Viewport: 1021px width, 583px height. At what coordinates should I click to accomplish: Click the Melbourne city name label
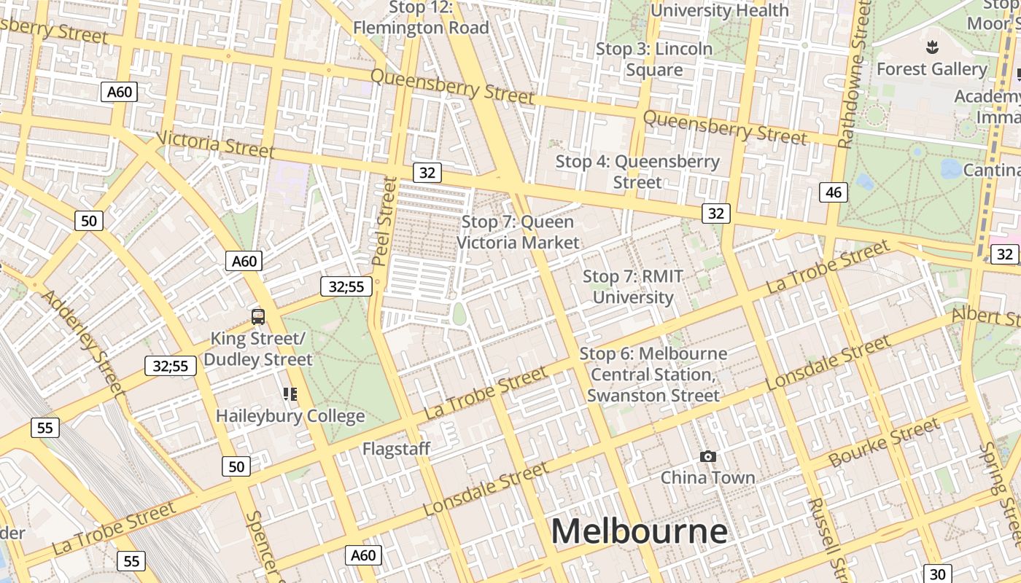tap(639, 531)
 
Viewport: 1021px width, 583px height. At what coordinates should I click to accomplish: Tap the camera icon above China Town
tap(707, 457)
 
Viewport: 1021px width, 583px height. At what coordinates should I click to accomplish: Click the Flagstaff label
tap(396, 448)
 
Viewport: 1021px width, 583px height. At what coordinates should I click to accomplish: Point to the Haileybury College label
tap(290, 416)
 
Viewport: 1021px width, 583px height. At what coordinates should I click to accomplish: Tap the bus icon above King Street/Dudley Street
tap(258, 317)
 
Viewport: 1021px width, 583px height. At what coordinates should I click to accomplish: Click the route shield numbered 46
tap(834, 192)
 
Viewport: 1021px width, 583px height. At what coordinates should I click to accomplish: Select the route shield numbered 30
tap(938, 574)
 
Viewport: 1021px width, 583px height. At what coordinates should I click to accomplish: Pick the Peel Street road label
tap(385, 221)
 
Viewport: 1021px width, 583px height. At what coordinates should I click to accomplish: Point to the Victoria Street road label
tap(215, 144)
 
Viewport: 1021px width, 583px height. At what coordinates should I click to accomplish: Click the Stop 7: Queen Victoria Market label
tap(518, 232)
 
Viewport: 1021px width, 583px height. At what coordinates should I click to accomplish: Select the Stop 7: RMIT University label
tap(633, 287)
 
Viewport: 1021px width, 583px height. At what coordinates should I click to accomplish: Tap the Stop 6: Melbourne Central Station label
tap(653, 375)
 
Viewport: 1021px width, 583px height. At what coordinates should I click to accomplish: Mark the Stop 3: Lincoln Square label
tap(654, 59)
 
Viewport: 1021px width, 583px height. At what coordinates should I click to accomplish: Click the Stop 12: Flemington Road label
tap(421, 17)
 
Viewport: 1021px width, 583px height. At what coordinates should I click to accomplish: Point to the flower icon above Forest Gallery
tap(931, 49)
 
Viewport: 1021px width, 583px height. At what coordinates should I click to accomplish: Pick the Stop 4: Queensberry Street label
tap(637, 171)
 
